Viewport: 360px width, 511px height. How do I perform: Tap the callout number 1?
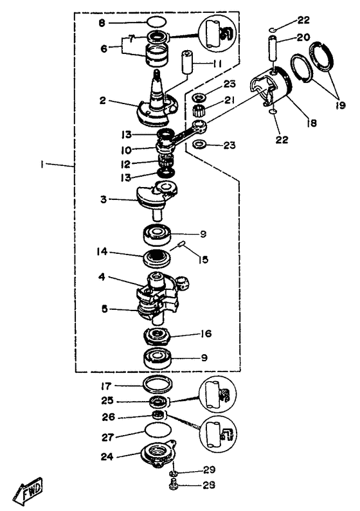pyautogui.click(x=41, y=165)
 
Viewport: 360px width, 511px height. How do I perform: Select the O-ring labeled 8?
pyautogui.click(x=156, y=23)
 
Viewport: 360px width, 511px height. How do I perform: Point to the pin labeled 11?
pyautogui.click(x=186, y=62)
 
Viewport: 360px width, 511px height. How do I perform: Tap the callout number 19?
pyautogui.click(x=340, y=105)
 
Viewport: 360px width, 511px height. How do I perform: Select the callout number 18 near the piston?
pyautogui.click(x=311, y=123)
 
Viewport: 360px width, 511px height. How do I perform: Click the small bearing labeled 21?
pyautogui.click(x=198, y=111)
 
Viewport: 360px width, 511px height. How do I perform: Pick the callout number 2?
pyautogui.click(x=103, y=101)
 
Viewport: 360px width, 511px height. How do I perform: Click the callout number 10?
pyautogui.click(x=126, y=150)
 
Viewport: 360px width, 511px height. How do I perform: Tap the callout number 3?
pyautogui.click(x=104, y=199)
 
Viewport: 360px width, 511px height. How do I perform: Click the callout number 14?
pyautogui.click(x=102, y=252)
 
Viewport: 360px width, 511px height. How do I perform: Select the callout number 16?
pyautogui.click(x=206, y=334)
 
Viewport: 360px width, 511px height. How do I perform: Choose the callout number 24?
pyautogui.click(x=107, y=456)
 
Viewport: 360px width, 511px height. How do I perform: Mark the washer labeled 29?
pyautogui.click(x=174, y=473)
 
